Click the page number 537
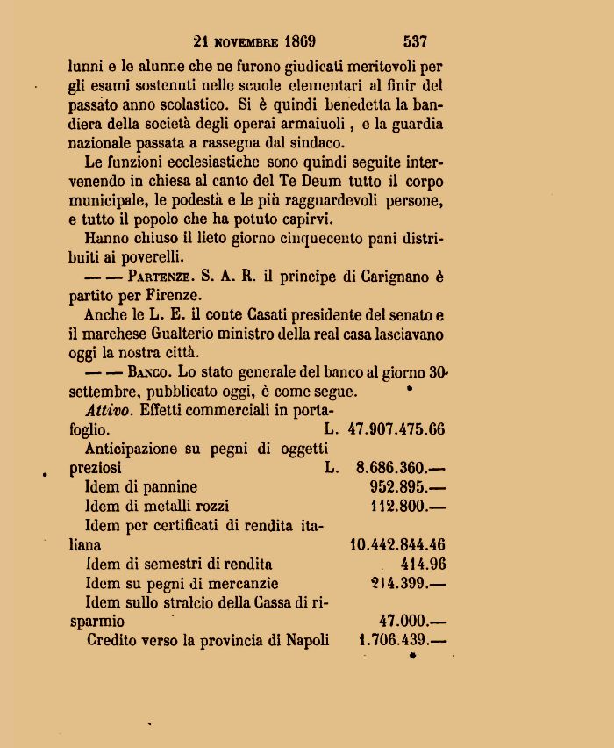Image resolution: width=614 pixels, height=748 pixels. tap(415, 40)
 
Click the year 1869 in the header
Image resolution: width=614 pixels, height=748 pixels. tap(296, 40)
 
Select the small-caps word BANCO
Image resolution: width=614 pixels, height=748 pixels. tap(149, 371)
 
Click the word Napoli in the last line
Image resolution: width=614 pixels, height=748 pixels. tap(308, 640)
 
